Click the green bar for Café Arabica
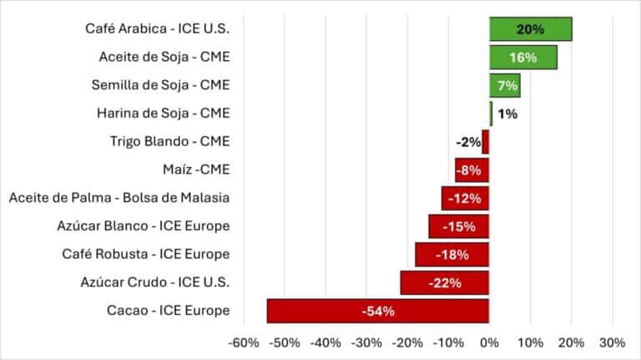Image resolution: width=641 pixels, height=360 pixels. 530,29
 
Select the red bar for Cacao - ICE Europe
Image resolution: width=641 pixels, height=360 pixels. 377,311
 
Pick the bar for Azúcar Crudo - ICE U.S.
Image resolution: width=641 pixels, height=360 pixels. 444,282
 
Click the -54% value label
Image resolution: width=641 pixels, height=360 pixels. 377,311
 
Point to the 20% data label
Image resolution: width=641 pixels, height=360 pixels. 530,29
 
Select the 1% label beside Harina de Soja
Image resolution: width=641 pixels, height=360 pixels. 506,114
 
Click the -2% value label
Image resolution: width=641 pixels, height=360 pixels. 468,142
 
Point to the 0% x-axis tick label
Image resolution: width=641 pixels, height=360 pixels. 489,342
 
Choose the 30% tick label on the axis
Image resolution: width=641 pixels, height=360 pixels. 612,342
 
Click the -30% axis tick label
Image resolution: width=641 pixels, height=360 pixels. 366,342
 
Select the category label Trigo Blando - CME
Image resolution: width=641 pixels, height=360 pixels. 169,142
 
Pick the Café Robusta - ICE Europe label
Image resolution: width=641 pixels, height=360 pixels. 146,254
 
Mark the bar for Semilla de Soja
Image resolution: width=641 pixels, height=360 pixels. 504,85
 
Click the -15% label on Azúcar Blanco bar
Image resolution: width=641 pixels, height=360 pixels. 458,226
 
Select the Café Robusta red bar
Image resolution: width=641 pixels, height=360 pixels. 452,255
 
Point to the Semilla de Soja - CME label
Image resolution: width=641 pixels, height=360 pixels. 160,85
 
